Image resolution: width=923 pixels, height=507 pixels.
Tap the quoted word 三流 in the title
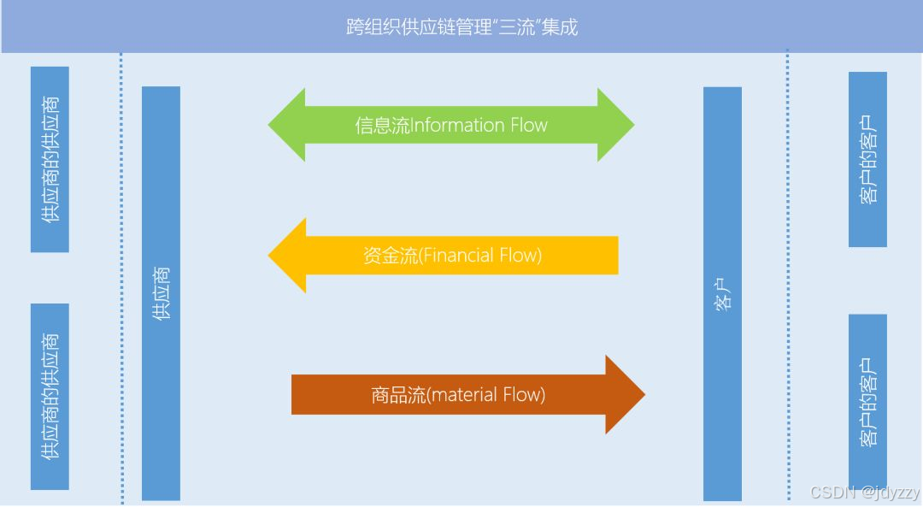click(x=516, y=27)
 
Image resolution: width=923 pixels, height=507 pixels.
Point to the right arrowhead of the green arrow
click(x=616, y=125)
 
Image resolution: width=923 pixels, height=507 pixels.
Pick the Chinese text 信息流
click(x=383, y=126)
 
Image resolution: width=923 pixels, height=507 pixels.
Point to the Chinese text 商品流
click(x=397, y=394)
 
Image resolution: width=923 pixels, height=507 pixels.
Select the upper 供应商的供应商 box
click(x=50, y=159)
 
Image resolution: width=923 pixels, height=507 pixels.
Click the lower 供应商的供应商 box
click(x=50, y=396)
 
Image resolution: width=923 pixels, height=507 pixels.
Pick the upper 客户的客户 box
click(x=867, y=159)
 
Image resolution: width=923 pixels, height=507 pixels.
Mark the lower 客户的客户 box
click(x=867, y=402)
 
